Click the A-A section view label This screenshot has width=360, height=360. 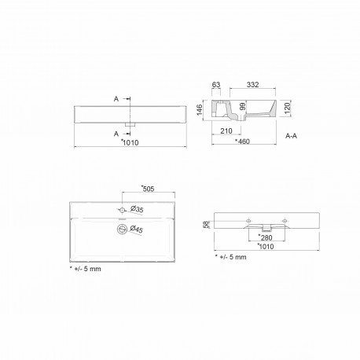click(290, 136)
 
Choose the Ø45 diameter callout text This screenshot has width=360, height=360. click(134, 230)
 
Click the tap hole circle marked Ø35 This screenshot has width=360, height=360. click(122, 211)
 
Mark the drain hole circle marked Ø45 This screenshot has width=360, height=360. click(121, 229)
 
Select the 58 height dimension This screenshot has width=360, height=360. click(206, 226)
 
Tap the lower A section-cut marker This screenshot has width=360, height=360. click(116, 133)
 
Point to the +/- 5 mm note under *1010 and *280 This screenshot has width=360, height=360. click(233, 257)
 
